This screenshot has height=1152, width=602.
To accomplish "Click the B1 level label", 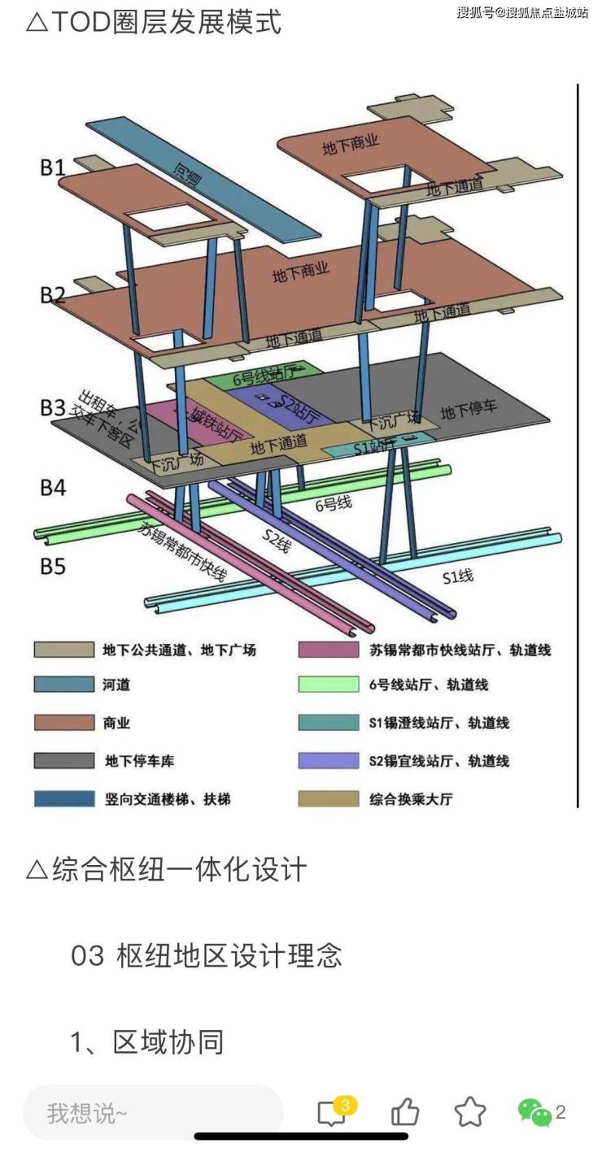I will [x=53, y=167].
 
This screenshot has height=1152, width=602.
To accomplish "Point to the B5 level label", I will [x=53, y=565].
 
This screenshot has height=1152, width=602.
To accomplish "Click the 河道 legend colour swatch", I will [x=63, y=685].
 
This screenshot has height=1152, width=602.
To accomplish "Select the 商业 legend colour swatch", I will [x=63, y=722].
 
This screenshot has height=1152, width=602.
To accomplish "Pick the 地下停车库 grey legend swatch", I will [x=63, y=761].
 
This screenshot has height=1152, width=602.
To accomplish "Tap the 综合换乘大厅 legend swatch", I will [x=328, y=798].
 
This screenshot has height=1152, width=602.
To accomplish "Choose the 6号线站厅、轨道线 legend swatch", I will [x=328, y=685].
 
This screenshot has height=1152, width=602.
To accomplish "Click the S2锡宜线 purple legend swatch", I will [x=328, y=761].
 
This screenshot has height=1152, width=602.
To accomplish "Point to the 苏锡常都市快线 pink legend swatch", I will [x=328, y=650].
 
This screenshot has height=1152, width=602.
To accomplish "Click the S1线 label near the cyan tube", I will [x=457, y=578].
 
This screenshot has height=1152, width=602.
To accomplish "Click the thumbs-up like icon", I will [x=404, y=1111].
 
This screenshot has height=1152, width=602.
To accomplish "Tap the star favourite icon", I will [x=469, y=1111].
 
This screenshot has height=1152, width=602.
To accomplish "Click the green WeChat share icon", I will [x=534, y=1111].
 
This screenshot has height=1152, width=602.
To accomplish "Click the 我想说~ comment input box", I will [x=153, y=1112].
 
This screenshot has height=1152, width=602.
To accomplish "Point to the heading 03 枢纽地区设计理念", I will [x=207, y=955].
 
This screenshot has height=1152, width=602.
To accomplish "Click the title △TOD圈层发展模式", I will [x=154, y=23].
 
